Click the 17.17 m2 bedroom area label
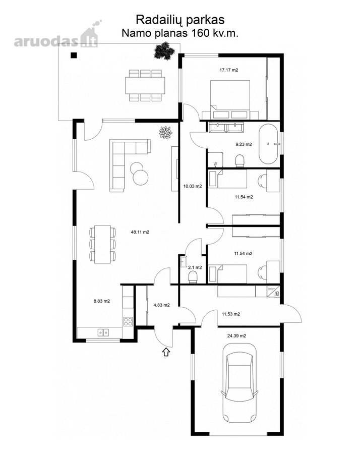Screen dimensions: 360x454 tap(228, 70)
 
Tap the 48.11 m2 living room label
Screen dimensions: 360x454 tap(140, 232)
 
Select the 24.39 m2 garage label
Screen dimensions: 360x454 tap(236, 336)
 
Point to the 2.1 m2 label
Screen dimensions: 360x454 tap(195, 267)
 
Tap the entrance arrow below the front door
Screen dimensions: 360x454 tap(166, 352)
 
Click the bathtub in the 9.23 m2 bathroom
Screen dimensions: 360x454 tap(268, 144)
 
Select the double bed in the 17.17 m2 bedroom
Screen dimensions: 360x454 tap(230, 99)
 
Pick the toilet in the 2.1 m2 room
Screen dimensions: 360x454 tap(193, 277)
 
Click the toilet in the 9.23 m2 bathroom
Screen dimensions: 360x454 tap(239, 161)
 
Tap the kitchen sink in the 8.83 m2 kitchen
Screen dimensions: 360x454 tap(103, 332)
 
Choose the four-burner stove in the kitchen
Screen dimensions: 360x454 tap(128, 321)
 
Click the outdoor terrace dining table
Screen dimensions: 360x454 tap(145, 85)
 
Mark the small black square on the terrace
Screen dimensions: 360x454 tap(74, 55)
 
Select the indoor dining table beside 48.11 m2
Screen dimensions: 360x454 tap(102, 244)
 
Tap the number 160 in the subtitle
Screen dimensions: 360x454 tap(199, 33)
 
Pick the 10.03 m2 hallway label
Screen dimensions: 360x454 tap(193, 186)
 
